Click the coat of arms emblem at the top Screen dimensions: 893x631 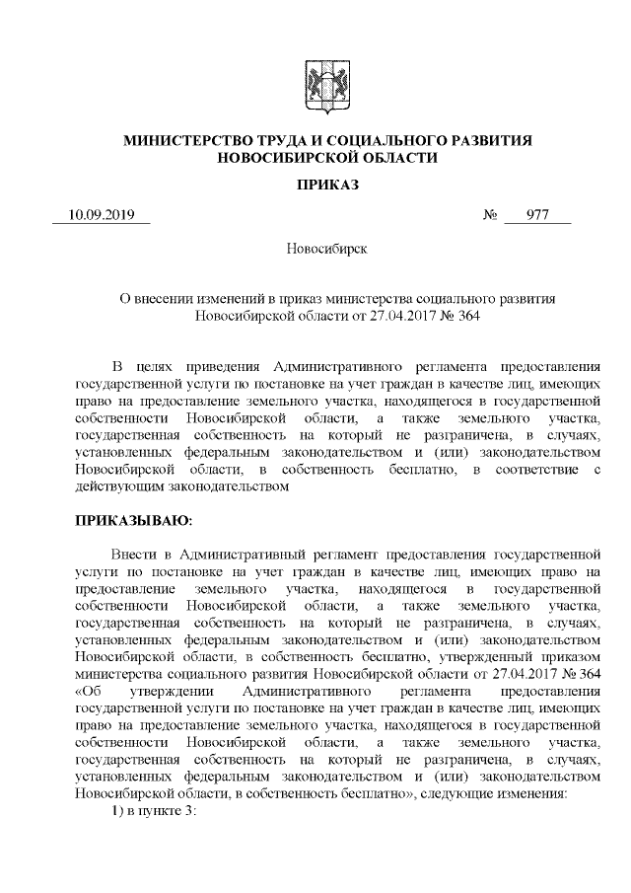pos(315,81)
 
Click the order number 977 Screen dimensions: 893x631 pos(537,215)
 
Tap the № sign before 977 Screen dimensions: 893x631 pos(490,215)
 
